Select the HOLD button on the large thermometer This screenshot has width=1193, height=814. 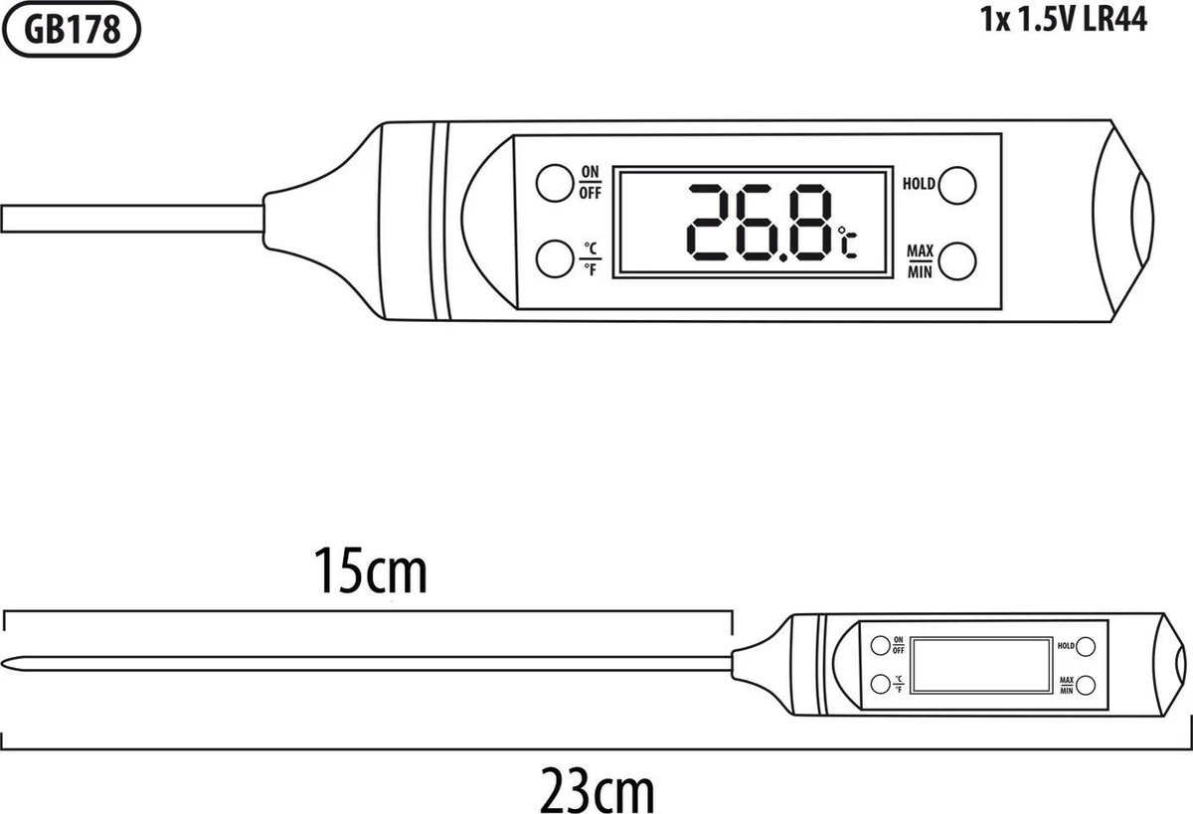[x=957, y=184]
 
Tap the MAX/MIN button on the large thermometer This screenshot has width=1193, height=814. [x=957, y=260]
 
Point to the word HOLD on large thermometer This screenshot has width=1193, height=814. [x=918, y=184]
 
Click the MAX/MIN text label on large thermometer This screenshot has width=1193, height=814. [x=919, y=260]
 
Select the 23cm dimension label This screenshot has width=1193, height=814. [x=596, y=791]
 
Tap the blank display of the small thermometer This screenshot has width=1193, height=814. [x=981, y=664]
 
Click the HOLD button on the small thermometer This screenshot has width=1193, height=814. [x=1086, y=645]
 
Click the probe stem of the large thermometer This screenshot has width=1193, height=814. [x=129, y=218]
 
